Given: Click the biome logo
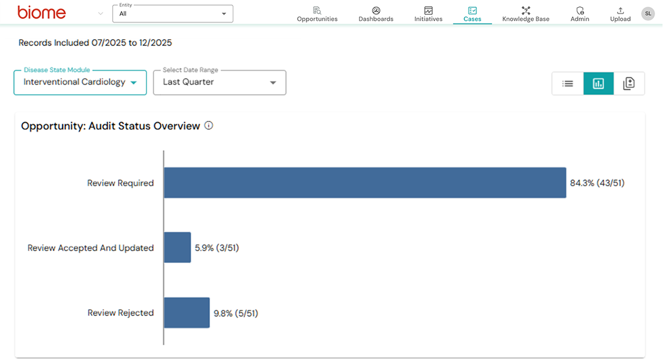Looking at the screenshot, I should [x=41, y=12].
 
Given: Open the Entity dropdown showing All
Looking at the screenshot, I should [x=172, y=14].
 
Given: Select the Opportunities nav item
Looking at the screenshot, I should [x=317, y=14].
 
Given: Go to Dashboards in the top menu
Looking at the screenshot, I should [x=376, y=14].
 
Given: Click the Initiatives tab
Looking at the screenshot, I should [x=428, y=14].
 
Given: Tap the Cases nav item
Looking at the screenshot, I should [x=472, y=14].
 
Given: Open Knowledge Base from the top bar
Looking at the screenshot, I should [x=525, y=14].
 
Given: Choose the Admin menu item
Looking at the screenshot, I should [x=580, y=14].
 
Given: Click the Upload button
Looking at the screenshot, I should [x=620, y=14].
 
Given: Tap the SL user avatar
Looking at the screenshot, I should [x=648, y=13].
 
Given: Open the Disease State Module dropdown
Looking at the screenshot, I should [x=80, y=82].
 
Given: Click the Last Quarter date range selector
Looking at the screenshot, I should [x=219, y=82].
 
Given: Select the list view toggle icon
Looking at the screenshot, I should [x=567, y=84].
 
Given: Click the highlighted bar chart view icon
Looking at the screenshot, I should [x=598, y=84].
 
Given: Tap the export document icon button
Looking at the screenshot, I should [x=629, y=84].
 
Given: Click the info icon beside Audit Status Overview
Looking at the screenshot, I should [x=208, y=126].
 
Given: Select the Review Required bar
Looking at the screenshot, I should [x=365, y=183].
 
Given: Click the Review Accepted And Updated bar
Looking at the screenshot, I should [x=177, y=247].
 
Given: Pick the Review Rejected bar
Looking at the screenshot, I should [x=187, y=313].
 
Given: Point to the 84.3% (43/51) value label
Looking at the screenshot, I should [x=597, y=183].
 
